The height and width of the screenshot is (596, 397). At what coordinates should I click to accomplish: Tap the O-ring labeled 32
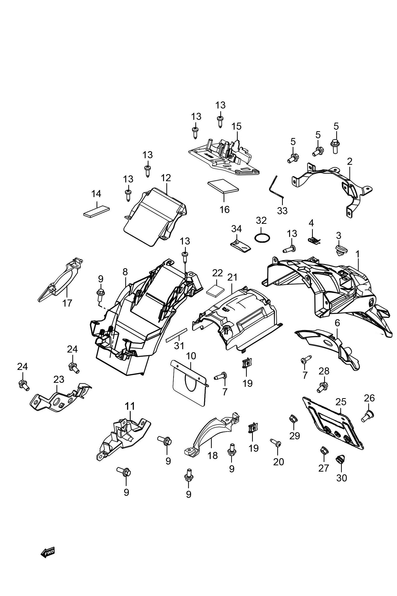[x=262, y=238]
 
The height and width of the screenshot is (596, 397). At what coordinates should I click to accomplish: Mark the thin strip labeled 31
[x=176, y=335]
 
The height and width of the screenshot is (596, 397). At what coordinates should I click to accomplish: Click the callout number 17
[x=67, y=303]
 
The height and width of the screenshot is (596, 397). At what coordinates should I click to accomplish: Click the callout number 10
[x=191, y=356]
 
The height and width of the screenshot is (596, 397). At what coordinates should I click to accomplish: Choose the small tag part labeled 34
[x=240, y=246]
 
